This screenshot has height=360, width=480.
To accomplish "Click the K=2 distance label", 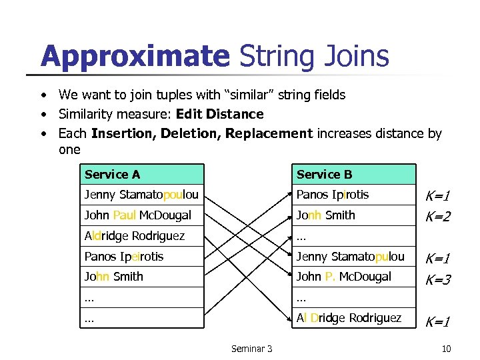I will [x=438, y=217].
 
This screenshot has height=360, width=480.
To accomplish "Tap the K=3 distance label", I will [x=438, y=280].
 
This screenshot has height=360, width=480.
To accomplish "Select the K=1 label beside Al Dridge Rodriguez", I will [x=438, y=321].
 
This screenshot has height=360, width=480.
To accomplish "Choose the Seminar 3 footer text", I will [x=251, y=349].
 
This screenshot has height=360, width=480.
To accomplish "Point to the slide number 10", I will [x=447, y=349].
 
